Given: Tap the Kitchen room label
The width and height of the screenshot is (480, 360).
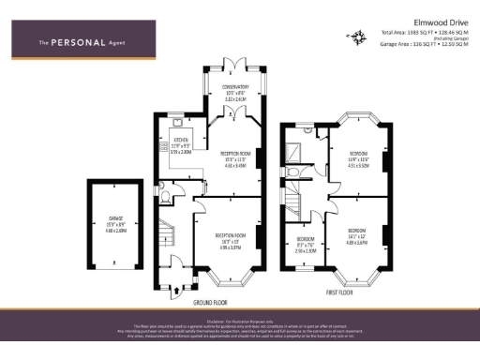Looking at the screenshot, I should tap(181, 144).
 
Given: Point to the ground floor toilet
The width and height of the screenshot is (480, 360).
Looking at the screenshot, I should tap(166, 199).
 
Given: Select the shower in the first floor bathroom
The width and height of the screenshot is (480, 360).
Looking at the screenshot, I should tap(297, 147).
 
